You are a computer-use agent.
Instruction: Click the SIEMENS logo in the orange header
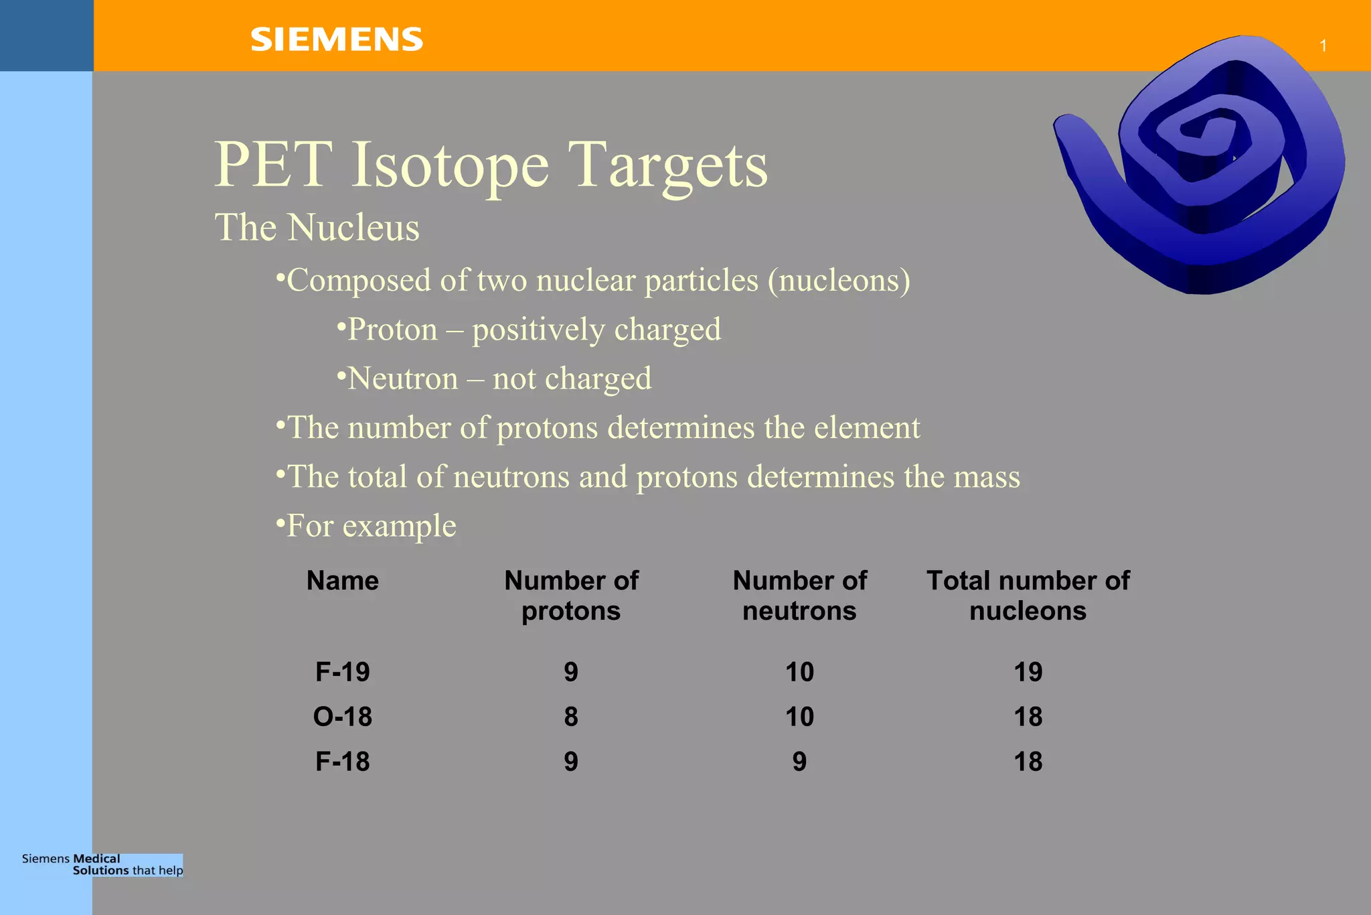[337, 40]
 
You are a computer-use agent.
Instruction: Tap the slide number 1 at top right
[1323, 46]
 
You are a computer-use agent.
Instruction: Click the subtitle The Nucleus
[317, 227]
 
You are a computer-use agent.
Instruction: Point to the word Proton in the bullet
[392, 330]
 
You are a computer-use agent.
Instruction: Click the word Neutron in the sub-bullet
[403, 378]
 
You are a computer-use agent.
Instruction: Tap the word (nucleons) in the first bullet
[839, 280]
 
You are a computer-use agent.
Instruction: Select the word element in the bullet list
[867, 427]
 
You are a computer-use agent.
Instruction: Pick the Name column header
[342, 581]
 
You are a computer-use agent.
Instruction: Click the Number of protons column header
[571, 595]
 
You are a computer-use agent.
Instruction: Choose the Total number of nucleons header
[1028, 595]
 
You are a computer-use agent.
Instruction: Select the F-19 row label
[342, 672]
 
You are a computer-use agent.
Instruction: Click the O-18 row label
[342, 717]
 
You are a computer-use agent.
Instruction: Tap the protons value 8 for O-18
[571, 717]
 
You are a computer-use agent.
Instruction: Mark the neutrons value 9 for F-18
[799, 762]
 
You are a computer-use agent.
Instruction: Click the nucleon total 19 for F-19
[1028, 672]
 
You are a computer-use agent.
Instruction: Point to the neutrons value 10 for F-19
[799, 672]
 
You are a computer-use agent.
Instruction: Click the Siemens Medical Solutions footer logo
[102, 865]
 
